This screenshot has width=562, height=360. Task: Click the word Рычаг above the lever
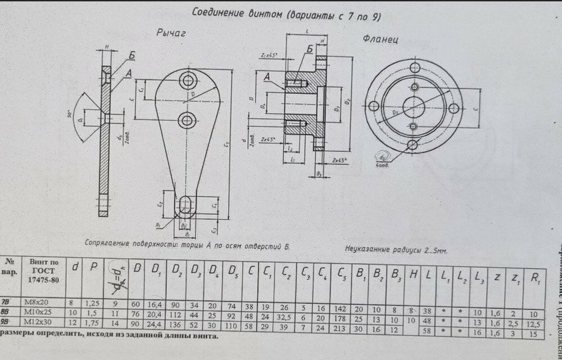171,34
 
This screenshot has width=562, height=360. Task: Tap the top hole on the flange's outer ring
416,68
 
